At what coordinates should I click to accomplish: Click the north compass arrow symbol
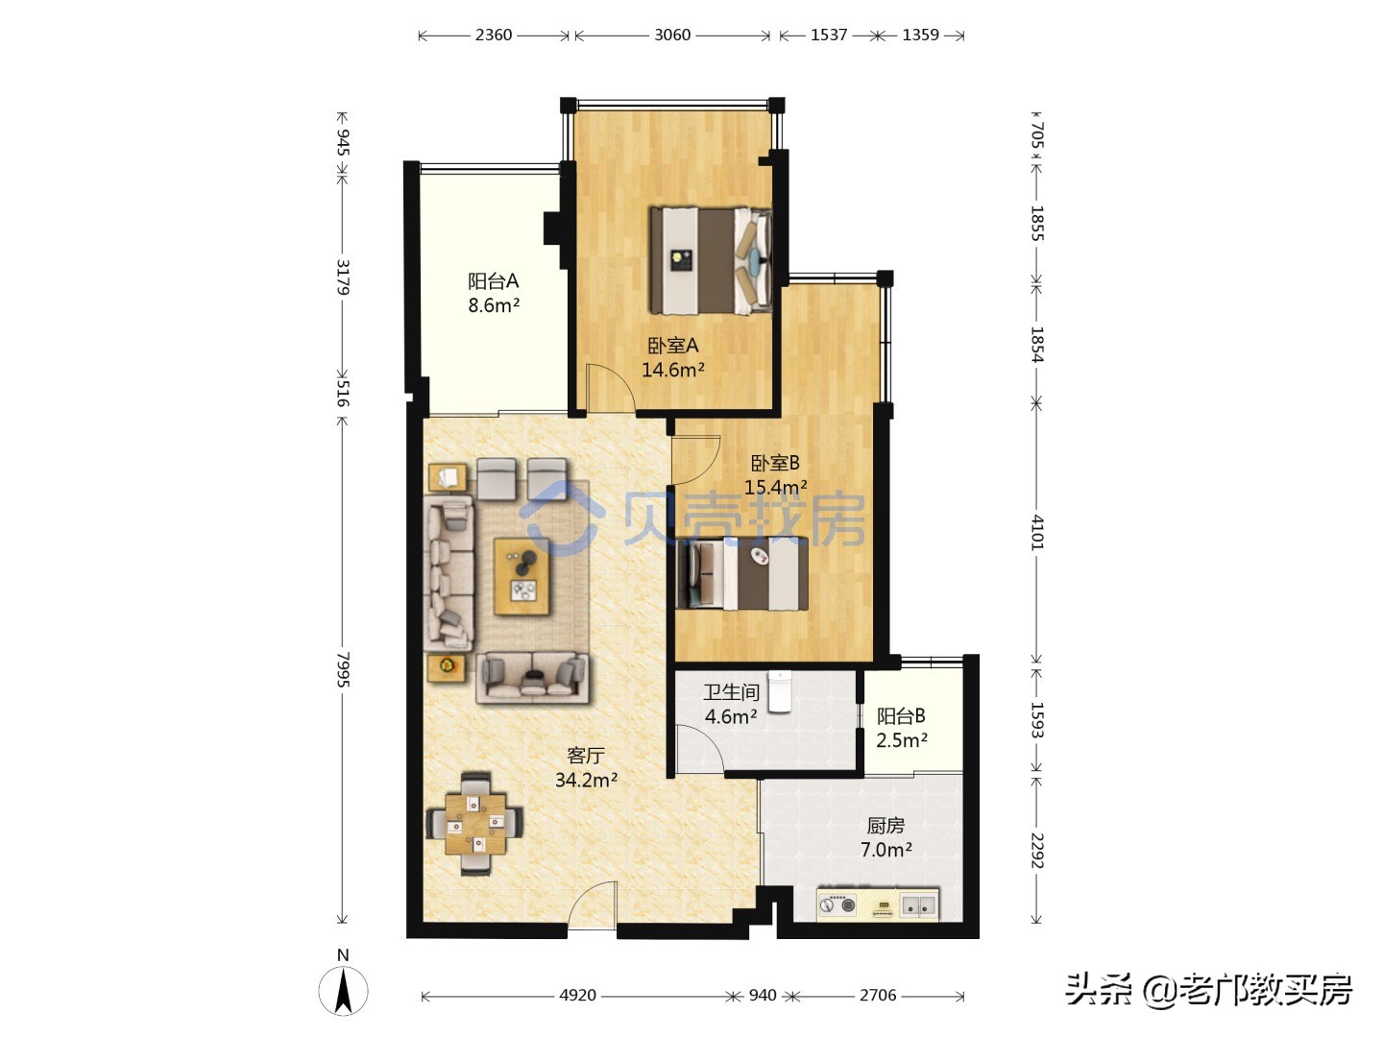(x=343, y=990)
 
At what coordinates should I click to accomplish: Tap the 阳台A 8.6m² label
(x=494, y=293)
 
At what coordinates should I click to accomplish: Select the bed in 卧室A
(x=711, y=260)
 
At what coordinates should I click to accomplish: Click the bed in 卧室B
(x=740, y=575)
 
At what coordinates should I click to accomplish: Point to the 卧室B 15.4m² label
(x=775, y=474)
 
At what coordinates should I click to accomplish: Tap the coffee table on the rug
(x=522, y=575)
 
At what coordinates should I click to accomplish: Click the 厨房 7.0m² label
(x=886, y=837)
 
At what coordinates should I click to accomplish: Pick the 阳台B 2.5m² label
(x=901, y=728)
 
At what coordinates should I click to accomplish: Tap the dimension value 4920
(x=577, y=996)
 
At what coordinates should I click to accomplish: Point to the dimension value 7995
(x=343, y=669)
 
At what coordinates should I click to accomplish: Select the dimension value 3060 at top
(x=672, y=35)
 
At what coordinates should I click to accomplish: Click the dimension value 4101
(x=1037, y=531)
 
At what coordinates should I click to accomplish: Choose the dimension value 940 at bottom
(x=763, y=996)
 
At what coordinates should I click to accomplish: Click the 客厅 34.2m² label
(x=586, y=767)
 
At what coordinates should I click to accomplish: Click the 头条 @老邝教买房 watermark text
(x=1208, y=989)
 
